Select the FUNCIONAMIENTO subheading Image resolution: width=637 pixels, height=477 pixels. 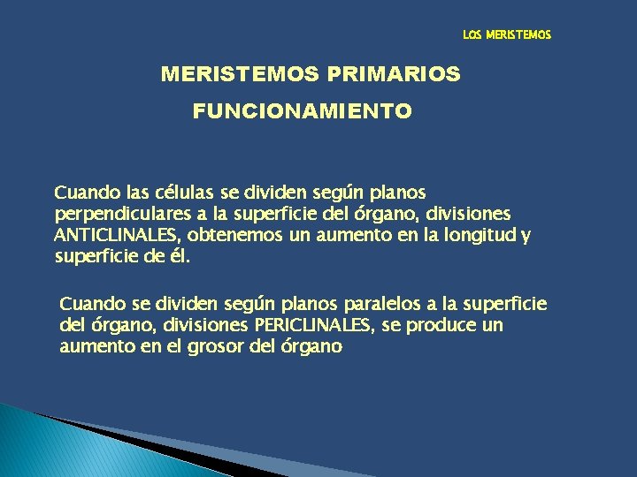(302, 112)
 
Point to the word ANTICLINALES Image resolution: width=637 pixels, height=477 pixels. (110, 236)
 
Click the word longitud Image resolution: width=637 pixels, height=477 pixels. (457, 236)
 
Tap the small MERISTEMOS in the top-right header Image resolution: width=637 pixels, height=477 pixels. (518, 35)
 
